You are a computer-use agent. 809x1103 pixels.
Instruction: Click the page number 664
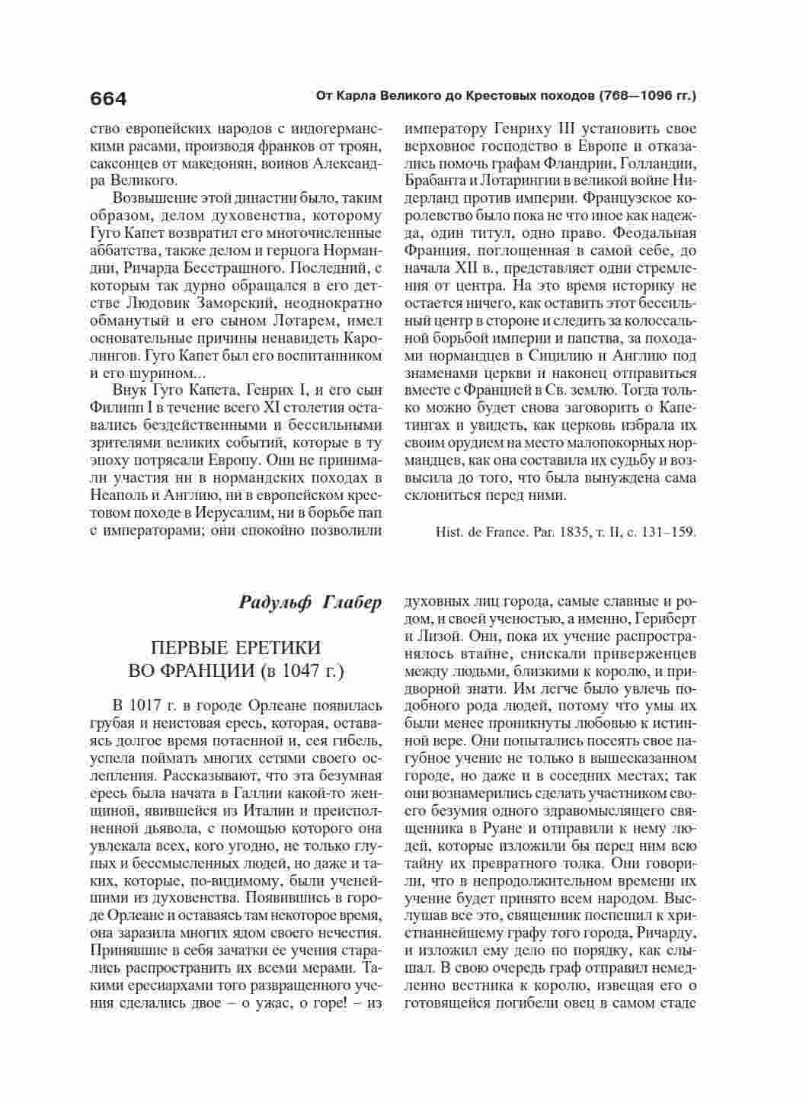click(x=108, y=99)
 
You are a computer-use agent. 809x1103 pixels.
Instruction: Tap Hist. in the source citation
click(x=446, y=532)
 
